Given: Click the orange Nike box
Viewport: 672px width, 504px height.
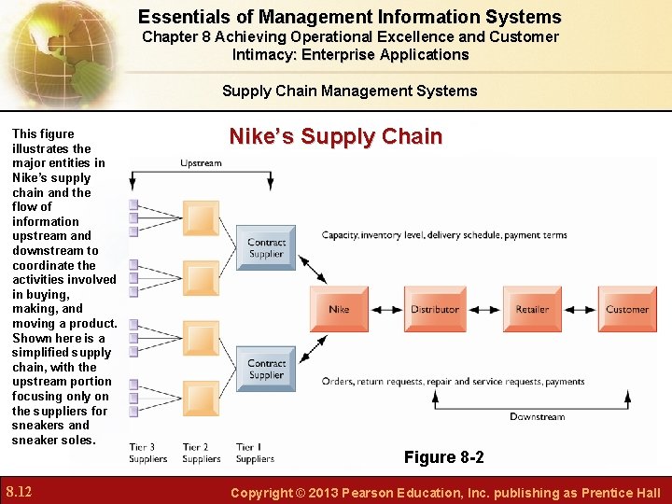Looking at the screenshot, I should pyautogui.click(x=340, y=309).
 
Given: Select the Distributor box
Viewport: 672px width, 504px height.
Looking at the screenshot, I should pyautogui.click(x=435, y=309).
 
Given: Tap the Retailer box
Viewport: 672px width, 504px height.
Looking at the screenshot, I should pyautogui.click(x=532, y=309).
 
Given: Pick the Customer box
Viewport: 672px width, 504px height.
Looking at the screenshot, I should pyautogui.click(x=626, y=309).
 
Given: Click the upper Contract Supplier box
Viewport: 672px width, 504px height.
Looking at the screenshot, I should pyautogui.click(x=266, y=247).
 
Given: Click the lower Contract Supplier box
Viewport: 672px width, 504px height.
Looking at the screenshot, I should pyautogui.click(x=266, y=369).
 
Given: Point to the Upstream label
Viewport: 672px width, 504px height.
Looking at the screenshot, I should pyautogui.click(x=201, y=163).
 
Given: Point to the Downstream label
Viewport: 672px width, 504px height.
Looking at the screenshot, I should pyautogui.click(x=537, y=416).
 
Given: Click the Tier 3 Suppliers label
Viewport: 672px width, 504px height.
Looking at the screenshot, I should pyautogui.click(x=148, y=453).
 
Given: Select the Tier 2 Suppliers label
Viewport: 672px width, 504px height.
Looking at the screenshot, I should pyautogui.click(x=202, y=453).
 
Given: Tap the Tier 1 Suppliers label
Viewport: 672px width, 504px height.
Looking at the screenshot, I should pyautogui.click(x=255, y=453).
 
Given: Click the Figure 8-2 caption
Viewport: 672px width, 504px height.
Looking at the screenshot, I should pyautogui.click(x=443, y=457).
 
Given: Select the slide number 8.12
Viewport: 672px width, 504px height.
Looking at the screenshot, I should pyautogui.click(x=19, y=491).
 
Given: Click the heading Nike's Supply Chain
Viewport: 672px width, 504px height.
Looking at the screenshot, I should pyautogui.click(x=335, y=136).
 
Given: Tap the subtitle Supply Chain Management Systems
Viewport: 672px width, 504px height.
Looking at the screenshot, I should pyautogui.click(x=349, y=91).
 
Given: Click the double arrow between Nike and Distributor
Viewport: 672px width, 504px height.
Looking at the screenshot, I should pyautogui.click(x=387, y=309).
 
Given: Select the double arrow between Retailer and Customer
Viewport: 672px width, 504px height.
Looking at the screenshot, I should pyautogui.click(x=581, y=309).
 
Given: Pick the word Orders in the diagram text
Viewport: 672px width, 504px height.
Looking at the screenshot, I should pyautogui.click(x=338, y=382).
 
